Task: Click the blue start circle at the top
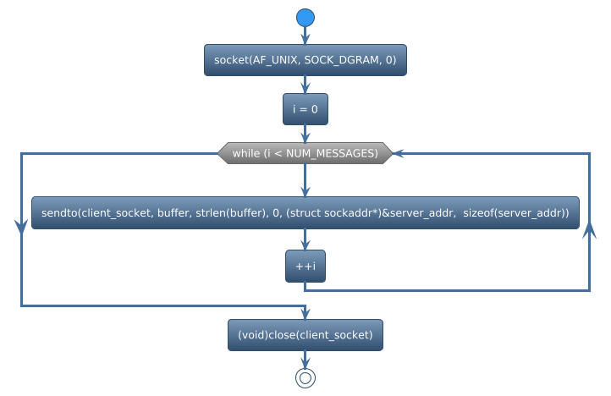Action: [x=305, y=17]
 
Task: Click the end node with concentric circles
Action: [x=305, y=378]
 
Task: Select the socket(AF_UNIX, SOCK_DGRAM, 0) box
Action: [x=305, y=60]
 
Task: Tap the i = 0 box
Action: [x=305, y=110]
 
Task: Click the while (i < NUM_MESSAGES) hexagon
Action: [x=305, y=153]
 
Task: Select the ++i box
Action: [x=305, y=267]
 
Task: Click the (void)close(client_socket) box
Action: [x=305, y=335]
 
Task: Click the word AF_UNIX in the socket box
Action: [x=272, y=60]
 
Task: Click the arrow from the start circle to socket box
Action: [x=305, y=36]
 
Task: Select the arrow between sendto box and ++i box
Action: [x=305, y=239]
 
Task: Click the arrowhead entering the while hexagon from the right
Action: [x=398, y=153]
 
